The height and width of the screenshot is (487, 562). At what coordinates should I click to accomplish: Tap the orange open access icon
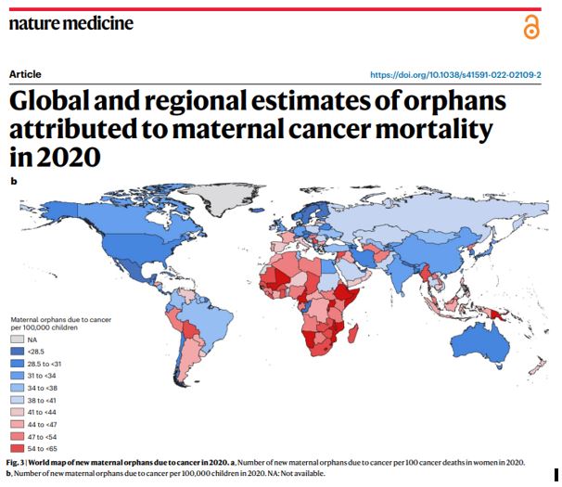(530, 28)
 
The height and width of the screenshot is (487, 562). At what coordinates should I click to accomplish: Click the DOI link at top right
(454, 74)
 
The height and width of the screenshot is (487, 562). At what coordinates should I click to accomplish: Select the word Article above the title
(25, 74)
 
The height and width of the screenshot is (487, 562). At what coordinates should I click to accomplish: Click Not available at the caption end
(300, 473)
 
